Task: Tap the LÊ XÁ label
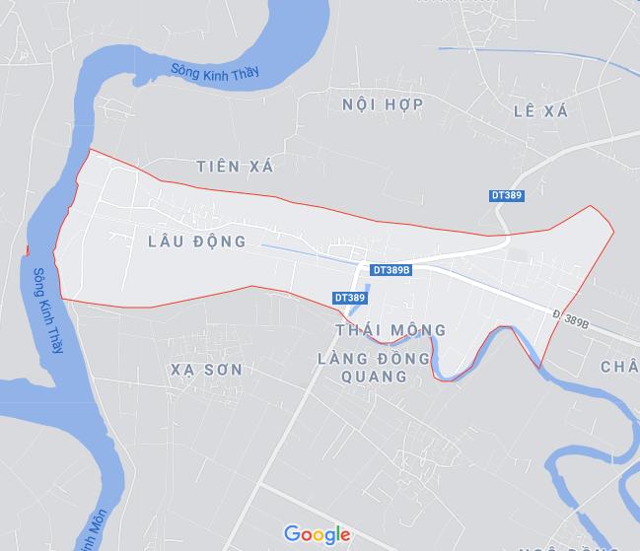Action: (x=540, y=111)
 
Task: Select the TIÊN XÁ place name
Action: (x=234, y=167)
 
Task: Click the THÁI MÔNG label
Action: (x=391, y=330)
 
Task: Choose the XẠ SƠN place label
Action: (x=206, y=369)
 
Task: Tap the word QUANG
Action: (x=374, y=376)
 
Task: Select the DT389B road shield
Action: (x=391, y=269)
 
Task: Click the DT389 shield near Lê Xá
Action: (x=507, y=195)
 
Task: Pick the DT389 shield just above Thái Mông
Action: (x=349, y=297)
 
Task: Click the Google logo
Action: (x=318, y=534)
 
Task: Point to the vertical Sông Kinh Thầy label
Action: (x=45, y=311)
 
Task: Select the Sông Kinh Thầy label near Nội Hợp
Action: (x=214, y=76)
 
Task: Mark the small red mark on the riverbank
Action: (x=28, y=249)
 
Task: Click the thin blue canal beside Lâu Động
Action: (x=296, y=252)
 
